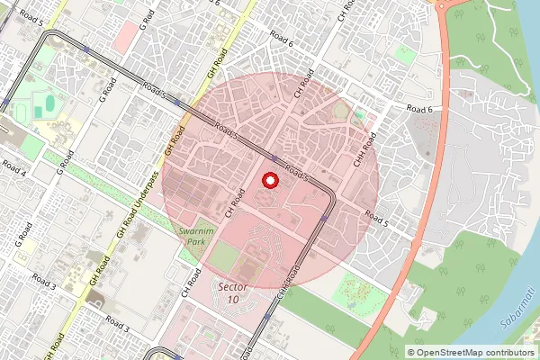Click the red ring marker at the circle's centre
(268, 180)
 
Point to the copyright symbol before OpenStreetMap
(411, 352)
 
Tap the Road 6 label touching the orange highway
(419, 109)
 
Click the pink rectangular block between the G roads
(127, 37)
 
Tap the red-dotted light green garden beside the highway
(359, 290)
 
